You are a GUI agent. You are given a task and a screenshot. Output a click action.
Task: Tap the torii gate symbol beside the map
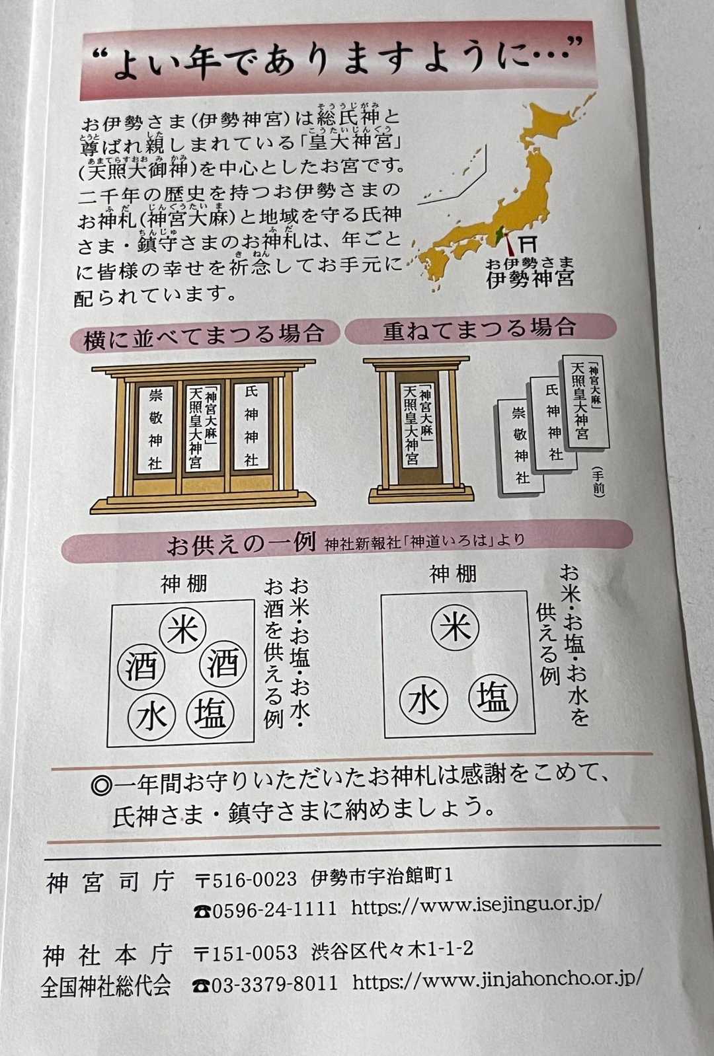pos(528,243)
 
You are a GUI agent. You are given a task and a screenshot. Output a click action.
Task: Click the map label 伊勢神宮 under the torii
pos(530,278)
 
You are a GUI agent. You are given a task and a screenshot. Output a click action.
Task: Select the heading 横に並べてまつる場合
pos(204,334)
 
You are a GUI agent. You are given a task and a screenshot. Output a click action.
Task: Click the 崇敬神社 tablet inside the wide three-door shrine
pos(155,430)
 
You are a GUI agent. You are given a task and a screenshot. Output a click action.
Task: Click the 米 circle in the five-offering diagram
pos(182,630)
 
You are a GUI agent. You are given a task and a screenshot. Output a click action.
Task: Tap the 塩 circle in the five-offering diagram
pos(212,716)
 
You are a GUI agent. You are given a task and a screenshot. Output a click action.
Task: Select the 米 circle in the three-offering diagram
pos(455,628)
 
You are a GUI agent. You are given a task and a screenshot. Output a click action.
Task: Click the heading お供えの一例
pos(241,544)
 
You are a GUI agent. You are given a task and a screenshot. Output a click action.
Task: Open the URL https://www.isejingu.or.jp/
pos(476,906)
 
